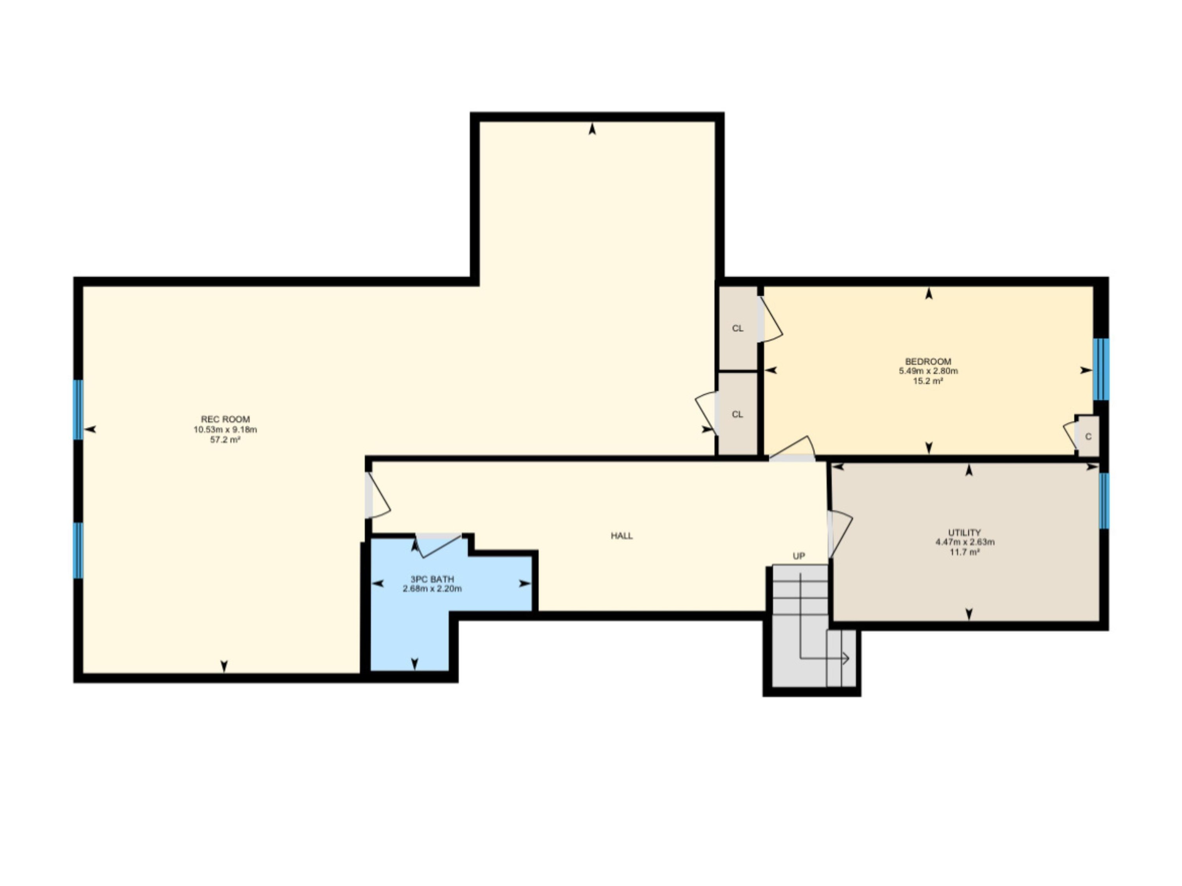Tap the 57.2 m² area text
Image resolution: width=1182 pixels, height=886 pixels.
pyautogui.click(x=225, y=440)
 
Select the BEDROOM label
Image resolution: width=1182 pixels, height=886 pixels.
pyautogui.click(x=928, y=361)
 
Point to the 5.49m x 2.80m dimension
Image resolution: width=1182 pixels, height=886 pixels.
pyautogui.click(x=928, y=371)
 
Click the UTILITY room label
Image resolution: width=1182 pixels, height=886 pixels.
pyautogui.click(x=965, y=532)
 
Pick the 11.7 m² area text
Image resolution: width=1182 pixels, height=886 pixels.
pyautogui.click(x=965, y=552)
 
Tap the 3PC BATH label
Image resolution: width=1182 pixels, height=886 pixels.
pyautogui.click(x=432, y=579)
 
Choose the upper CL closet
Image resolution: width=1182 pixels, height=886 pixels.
pyautogui.click(x=738, y=328)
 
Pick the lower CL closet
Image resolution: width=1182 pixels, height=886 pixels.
pyautogui.click(x=738, y=414)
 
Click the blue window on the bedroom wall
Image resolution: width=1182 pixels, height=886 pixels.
pyautogui.click(x=1101, y=369)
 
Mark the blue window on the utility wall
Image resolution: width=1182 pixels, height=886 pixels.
pyautogui.click(x=1104, y=500)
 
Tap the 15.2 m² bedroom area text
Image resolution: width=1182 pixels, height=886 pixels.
pyautogui.click(x=928, y=381)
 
